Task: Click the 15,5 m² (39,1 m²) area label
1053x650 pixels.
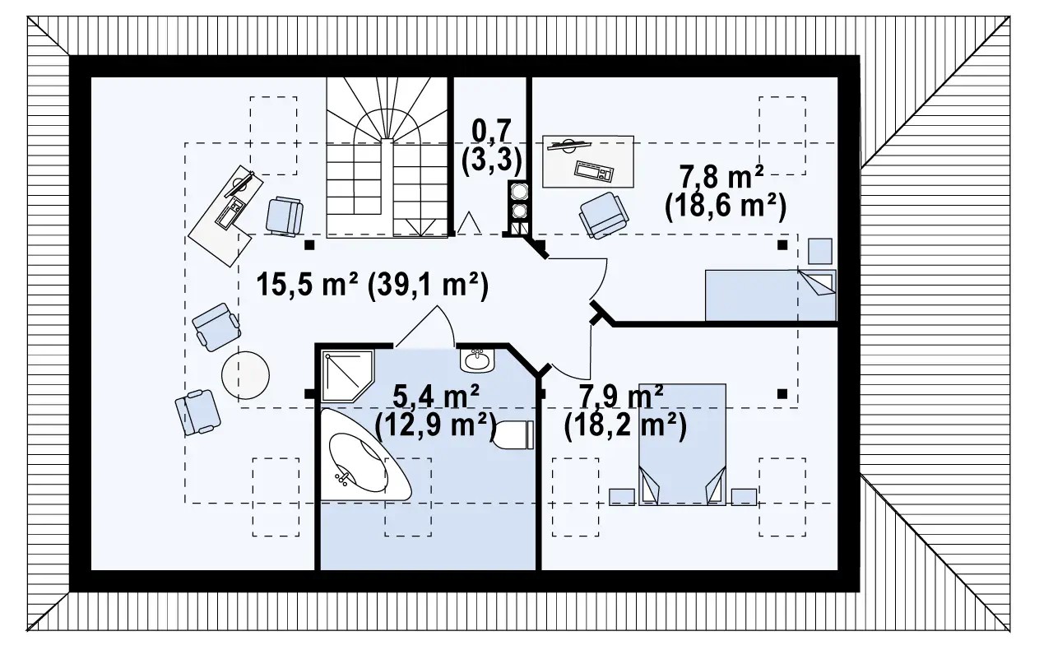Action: pyautogui.click(x=373, y=286)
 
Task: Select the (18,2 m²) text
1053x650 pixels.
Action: pyautogui.click(x=625, y=426)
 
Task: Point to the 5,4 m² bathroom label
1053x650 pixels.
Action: pyautogui.click(x=436, y=396)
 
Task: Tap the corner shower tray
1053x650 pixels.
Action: pyautogui.click(x=347, y=375)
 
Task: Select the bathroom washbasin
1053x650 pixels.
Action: pyautogui.click(x=477, y=360)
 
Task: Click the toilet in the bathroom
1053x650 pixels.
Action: pyautogui.click(x=513, y=434)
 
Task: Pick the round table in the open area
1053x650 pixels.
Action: pyautogui.click(x=245, y=375)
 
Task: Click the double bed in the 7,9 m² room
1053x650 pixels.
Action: pyautogui.click(x=682, y=444)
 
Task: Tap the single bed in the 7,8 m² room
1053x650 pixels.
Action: pyautogui.click(x=771, y=295)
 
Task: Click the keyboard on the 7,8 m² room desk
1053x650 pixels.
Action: pyautogui.click(x=594, y=172)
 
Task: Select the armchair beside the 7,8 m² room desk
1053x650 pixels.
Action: pyautogui.click(x=604, y=216)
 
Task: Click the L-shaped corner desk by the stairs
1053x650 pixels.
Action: pyautogui.click(x=225, y=216)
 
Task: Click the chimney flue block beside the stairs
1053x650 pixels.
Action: pyautogui.click(x=518, y=208)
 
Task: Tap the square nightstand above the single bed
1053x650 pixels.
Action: pyautogui.click(x=820, y=251)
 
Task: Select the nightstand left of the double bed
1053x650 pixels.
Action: pyautogui.click(x=621, y=497)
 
